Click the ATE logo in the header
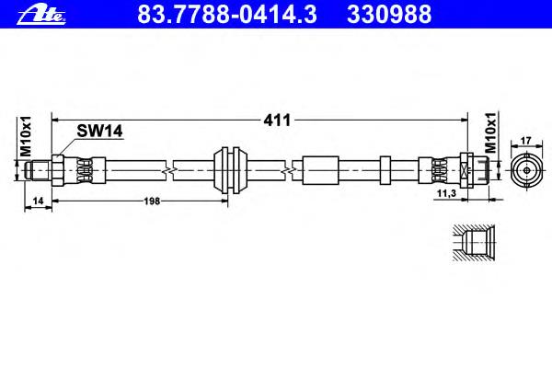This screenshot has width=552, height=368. coord(41,15)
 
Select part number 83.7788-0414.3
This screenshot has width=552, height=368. coord(226,14)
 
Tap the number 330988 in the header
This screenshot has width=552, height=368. coord(389,14)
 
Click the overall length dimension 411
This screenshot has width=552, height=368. coord(277,121)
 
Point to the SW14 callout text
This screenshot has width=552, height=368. coord(99,131)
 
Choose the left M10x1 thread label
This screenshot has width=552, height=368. coord(26,136)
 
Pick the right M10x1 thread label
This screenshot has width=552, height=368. coord(490,132)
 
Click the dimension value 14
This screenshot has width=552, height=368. coord(38,201)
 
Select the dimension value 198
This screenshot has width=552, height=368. coord(152,201)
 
